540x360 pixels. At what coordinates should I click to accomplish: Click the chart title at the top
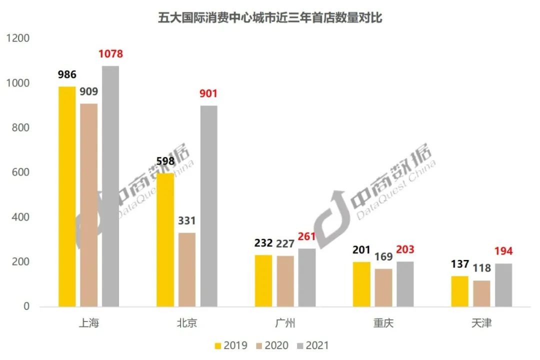tap(270, 18)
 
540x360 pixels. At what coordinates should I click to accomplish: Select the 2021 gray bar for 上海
tap(110, 186)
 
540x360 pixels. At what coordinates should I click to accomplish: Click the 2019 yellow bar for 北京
tap(165, 240)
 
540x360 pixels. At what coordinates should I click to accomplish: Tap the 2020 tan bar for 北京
tap(187, 269)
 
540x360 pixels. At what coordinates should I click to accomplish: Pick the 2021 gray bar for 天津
tap(503, 285)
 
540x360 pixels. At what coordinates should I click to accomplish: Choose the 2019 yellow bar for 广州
tap(263, 280)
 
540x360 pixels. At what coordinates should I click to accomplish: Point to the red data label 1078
tap(110, 54)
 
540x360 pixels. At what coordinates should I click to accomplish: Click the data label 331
tap(187, 220)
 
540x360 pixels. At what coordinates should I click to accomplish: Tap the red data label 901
tap(208, 93)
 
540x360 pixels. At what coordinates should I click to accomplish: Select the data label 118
tap(481, 268)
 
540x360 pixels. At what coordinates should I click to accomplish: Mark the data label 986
tap(67, 75)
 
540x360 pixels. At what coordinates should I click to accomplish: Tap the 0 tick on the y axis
tap(26, 306)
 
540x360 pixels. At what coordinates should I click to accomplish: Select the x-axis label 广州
tap(285, 323)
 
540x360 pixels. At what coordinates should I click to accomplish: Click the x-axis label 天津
tap(481, 323)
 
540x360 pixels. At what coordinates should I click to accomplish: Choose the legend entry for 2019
tap(230, 345)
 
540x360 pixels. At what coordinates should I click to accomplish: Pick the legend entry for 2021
tap(312, 345)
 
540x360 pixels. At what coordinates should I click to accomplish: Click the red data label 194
tap(503, 251)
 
